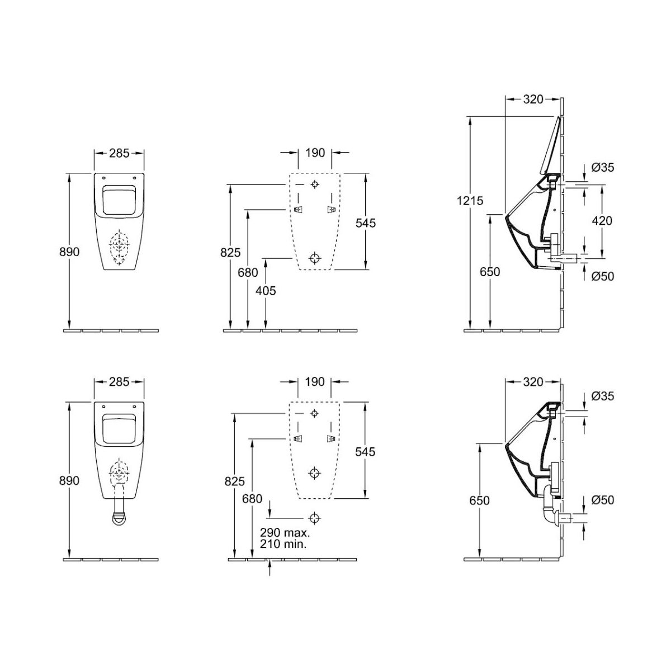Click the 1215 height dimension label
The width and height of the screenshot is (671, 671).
pyautogui.click(x=470, y=201)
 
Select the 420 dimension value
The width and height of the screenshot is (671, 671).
pyautogui.click(x=602, y=220)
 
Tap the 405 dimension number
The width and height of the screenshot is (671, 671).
pyautogui.click(x=266, y=290)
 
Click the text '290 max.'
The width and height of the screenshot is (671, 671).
pyautogui.click(x=285, y=532)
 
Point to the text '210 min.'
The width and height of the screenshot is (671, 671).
pyautogui.click(x=283, y=544)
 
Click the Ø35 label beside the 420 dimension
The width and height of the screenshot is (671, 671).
pyautogui.click(x=603, y=168)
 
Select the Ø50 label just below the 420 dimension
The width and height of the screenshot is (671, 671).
pyautogui.click(x=603, y=276)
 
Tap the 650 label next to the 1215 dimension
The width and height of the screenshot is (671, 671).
pyautogui.click(x=490, y=272)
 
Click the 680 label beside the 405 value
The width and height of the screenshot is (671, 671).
pyautogui.click(x=248, y=272)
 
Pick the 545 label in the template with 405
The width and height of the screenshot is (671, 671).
pyautogui.click(x=366, y=223)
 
